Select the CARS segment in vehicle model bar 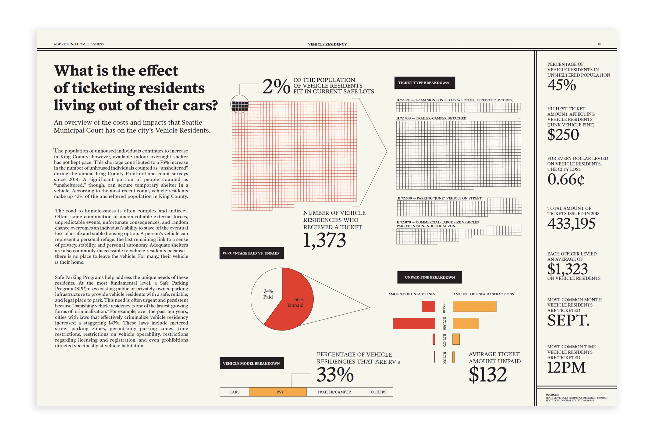(x=235, y=392)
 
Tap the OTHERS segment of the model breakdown (x=378, y=392)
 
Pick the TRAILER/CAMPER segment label (x=334, y=392)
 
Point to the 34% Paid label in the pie (x=268, y=294)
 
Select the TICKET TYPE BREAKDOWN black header (x=425, y=83)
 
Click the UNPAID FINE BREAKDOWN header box (x=429, y=277)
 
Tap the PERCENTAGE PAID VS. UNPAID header (x=252, y=253)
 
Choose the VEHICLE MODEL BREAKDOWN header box (x=252, y=363)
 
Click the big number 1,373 (x=324, y=240)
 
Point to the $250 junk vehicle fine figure (x=563, y=135)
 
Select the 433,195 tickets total (x=571, y=223)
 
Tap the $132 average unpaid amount (x=488, y=374)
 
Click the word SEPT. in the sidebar (x=568, y=320)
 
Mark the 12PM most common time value (x=566, y=367)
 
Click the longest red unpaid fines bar (x=414, y=323)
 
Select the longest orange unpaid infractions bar (x=474, y=306)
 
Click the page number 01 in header (x=600, y=44)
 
